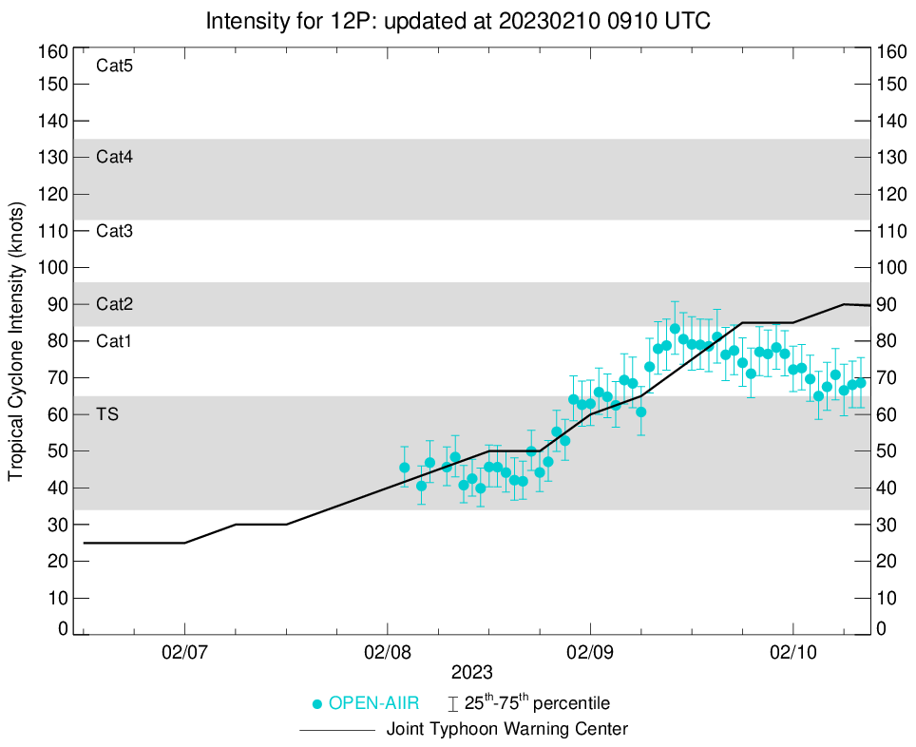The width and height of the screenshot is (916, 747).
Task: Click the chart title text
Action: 458,20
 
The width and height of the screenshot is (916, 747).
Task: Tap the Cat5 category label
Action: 114,66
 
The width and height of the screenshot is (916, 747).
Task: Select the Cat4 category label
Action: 114,158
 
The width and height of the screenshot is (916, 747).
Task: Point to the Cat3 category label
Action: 114,231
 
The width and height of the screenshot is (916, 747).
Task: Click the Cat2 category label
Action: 114,305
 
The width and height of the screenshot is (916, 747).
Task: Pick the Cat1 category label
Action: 114,341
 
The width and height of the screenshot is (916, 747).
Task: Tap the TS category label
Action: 106,414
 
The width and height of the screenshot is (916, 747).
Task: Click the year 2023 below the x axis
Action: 472,672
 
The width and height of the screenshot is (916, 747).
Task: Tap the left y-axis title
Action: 16,341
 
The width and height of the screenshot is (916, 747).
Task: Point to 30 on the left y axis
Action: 59,525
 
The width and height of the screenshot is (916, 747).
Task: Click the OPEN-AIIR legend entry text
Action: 375,704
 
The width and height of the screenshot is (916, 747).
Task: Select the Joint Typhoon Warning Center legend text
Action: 507,730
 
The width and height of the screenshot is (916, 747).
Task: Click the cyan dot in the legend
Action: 317,704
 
